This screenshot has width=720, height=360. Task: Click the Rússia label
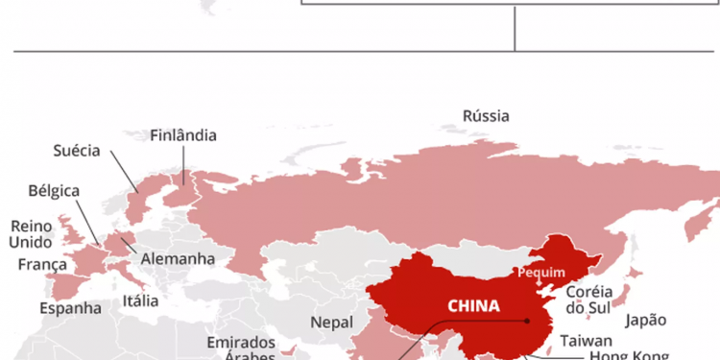[486, 116]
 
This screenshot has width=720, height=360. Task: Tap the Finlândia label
[183, 135]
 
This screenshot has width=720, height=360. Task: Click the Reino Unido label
[30, 233]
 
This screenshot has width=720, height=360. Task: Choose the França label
[42, 264]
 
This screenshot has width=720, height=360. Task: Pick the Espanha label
[70, 308]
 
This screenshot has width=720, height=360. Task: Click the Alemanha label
[178, 259]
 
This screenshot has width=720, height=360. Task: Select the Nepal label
[331, 323]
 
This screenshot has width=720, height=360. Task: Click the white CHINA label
[473, 306]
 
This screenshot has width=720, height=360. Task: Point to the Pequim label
[541, 272]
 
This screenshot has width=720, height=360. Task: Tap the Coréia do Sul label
[589, 299]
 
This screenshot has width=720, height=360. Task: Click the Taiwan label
[587, 340]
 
